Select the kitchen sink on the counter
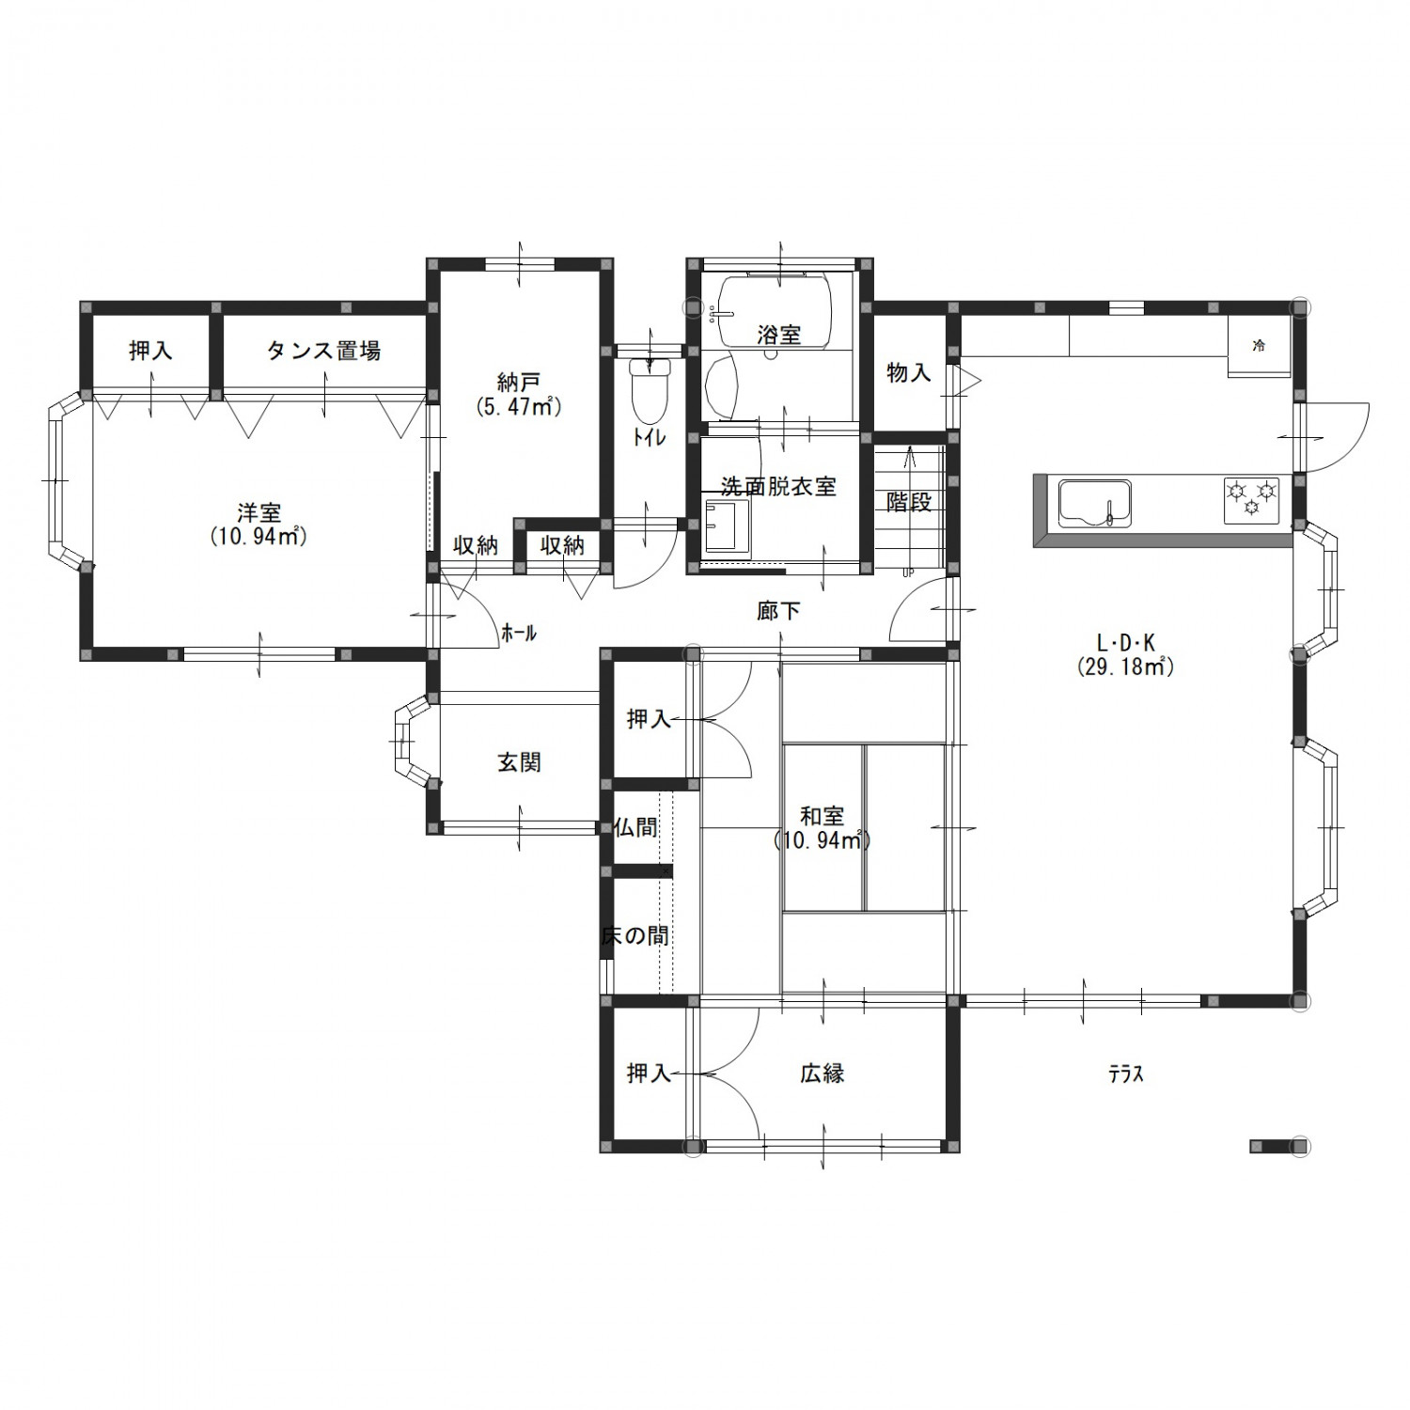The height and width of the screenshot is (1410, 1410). (x=1095, y=504)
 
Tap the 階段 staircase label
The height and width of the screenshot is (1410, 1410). (x=909, y=502)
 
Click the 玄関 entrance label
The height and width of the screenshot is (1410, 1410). (x=519, y=762)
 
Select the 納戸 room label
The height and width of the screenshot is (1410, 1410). (x=519, y=383)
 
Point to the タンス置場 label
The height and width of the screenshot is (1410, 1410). (x=323, y=351)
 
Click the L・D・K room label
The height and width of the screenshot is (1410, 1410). (x=1126, y=643)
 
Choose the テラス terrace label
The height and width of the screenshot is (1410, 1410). (x=1125, y=1074)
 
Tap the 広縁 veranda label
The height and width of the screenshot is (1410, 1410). (x=822, y=1073)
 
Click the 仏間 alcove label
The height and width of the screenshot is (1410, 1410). (x=635, y=827)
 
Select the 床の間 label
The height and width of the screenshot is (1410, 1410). (x=635, y=936)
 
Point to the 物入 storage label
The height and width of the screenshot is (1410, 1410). (x=909, y=372)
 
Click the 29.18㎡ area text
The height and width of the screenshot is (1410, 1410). (x=1126, y=666)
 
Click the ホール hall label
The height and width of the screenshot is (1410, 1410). (x=519, y=634)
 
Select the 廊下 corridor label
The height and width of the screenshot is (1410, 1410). (x=778, y=611)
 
